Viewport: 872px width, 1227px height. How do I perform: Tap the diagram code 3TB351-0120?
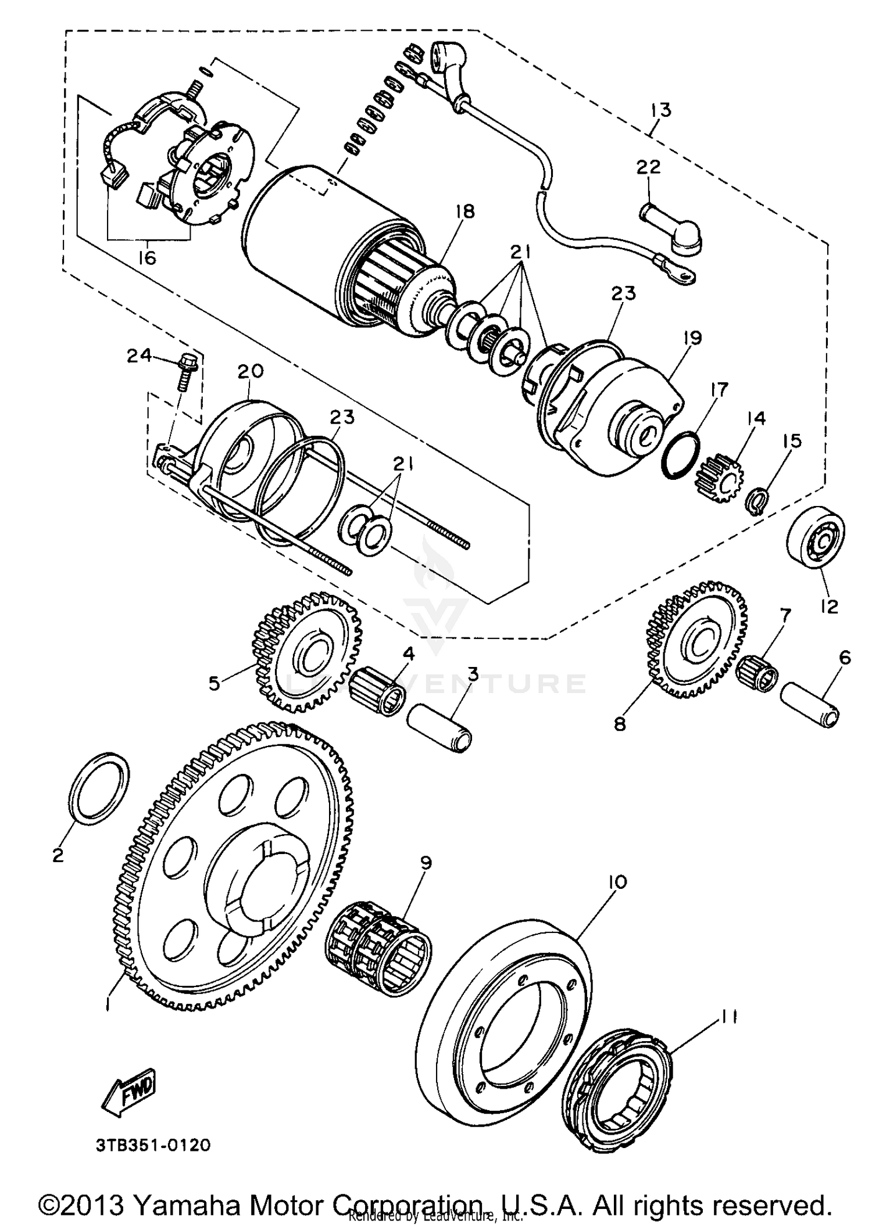pyautogui.click(x=152, y=1145)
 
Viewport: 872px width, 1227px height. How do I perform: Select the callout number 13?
pyautogui.click(x=661, y=110)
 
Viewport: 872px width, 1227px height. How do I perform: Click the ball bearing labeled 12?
pyautogui.click(x=815, y=537)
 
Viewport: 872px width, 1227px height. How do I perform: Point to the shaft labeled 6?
pyautogui.click(x=809, y=704)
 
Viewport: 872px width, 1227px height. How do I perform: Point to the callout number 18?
pyautogui.click(x=466, y=211)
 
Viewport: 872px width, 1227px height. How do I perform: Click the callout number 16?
pyautogui.click(x=148, y=257)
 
